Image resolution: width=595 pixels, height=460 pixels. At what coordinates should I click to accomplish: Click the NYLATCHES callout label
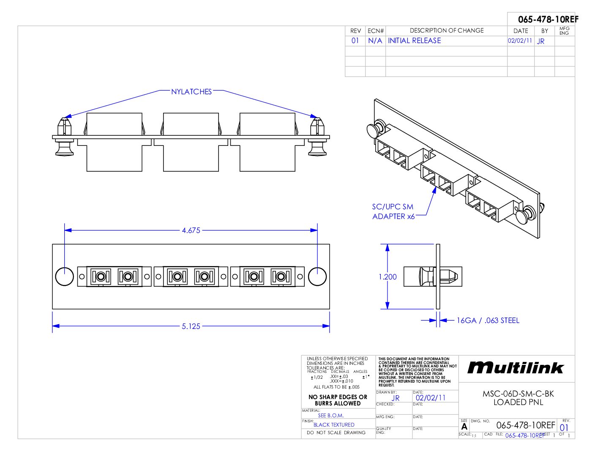pyautogui.click(x=191, y=92)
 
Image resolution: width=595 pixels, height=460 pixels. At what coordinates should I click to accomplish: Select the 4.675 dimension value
pyautogui.click(x=191, y=230)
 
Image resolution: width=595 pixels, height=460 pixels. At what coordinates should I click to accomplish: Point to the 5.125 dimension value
pyautogui.click(x=191, y=326)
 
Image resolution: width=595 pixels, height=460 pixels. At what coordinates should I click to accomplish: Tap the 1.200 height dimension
pyautogui.click(x=388, y=277)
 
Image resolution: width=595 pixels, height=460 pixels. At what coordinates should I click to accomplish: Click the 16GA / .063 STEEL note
pyautogui.click(x=488, y=320)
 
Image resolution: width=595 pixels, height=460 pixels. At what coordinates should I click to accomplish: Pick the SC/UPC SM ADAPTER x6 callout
pyautogui.click(x=393, y=211)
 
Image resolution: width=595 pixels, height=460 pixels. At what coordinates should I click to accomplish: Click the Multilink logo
pyautogui.click(x=516, y=368)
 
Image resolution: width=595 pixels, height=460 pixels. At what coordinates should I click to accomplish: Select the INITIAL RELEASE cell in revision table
pyautogui.click(x=414, y=41)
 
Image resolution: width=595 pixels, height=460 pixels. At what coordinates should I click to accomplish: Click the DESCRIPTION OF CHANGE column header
pyautogui.click(x=446, y=30)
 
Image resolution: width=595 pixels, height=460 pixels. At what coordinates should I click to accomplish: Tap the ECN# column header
pyautogui.click(x=375, y=31)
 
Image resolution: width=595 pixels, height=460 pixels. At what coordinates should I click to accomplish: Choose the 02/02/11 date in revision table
pyautogui.click(x=520, y=41)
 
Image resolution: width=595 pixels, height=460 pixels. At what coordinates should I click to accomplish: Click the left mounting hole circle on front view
pyautogui.click(x=65, y=277)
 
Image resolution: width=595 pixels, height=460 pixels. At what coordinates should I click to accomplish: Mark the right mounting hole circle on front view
pyautogui.click(x=317, y=277)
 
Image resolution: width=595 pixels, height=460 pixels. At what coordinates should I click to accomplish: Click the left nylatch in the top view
pyautogui.click(x=64, y=135)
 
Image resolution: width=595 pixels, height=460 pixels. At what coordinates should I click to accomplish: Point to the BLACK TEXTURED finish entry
pyautogui.click(x=334, y=425)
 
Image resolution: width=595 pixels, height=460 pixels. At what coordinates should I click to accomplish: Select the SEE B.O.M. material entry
pyautogui.click(x=330, y=416)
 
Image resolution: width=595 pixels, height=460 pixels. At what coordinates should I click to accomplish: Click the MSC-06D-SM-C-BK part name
pyautogui.click(x=518, y=394)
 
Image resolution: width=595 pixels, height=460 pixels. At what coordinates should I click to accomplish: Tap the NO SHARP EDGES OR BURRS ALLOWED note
pyautogui.click(x=338, y=400)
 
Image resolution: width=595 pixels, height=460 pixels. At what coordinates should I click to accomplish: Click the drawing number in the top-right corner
pyautogui.click(x=548, y=19)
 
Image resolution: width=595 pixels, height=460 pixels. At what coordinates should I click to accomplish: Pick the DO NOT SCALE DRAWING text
pyautogui.click(x=336, y=433)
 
